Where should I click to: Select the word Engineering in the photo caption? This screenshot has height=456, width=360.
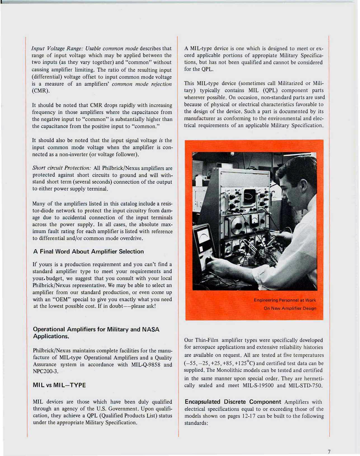point(266,300)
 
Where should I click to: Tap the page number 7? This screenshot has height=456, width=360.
point(329,452)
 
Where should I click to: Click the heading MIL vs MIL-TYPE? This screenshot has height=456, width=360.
point(59,385)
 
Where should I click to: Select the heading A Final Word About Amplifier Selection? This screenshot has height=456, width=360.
point(88,252)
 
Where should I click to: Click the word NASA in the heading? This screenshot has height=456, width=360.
point(150,329)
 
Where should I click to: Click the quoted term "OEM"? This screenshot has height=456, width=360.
point(61,299)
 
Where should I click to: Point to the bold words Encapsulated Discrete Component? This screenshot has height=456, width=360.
point(233,402)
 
